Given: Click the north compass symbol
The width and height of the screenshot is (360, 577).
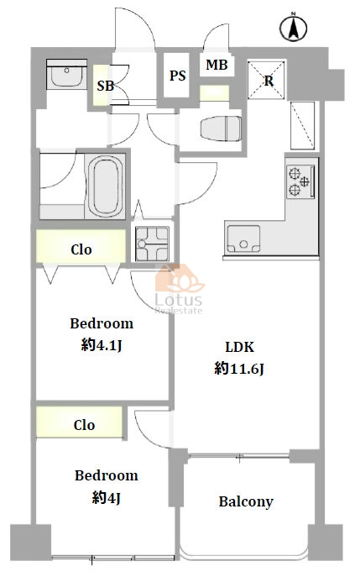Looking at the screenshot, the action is click(293, 27).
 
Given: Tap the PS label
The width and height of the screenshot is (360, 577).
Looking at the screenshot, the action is click(178, 76).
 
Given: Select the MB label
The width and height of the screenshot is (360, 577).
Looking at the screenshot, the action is click(217, 65).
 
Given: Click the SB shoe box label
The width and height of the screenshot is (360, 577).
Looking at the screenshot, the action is click(106, 86).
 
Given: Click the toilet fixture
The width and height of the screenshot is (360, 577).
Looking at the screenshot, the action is click(221, 129).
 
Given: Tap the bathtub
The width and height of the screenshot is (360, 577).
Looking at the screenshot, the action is click(105, 186).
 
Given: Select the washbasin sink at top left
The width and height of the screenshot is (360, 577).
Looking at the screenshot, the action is click(66, 75).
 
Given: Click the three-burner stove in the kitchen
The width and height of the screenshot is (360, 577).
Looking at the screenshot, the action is click(300, 181).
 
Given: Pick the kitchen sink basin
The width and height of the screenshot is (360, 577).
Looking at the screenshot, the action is click(243, 239).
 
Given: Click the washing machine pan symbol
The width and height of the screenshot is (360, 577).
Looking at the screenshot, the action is click(152, 244).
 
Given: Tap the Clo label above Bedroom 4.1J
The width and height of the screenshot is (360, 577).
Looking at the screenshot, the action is click(81, 249).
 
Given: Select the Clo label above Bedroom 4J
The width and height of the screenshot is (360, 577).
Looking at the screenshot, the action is click(84, 425).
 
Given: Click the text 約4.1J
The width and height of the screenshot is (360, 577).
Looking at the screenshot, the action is click(102, 345).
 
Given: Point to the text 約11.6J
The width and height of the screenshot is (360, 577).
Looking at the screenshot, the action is click(239, 368).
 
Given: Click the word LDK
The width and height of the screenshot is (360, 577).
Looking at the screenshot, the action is click(239, 347).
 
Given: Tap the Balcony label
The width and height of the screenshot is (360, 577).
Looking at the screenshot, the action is click(246, 501).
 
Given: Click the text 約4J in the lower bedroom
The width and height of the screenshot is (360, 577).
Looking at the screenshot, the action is click(107, 498).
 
